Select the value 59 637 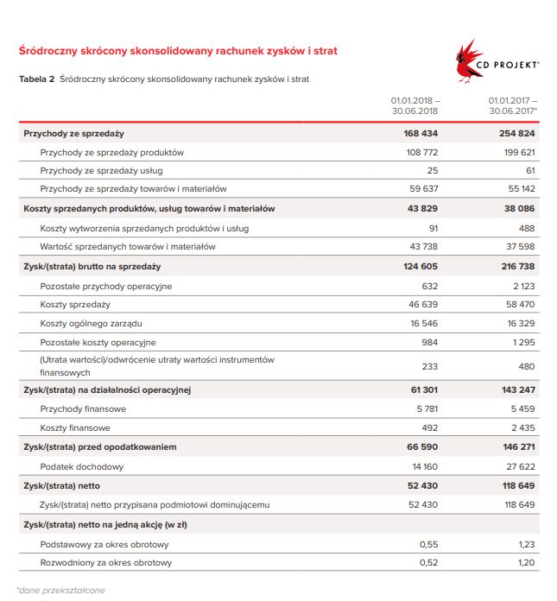pyautogui.click(x=423, y=189)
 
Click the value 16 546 pyautogui.click(x=423, y=323)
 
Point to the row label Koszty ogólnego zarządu pyautogui.click(x=91, y=323)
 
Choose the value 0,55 pyautogui.click(x=428, y=544)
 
